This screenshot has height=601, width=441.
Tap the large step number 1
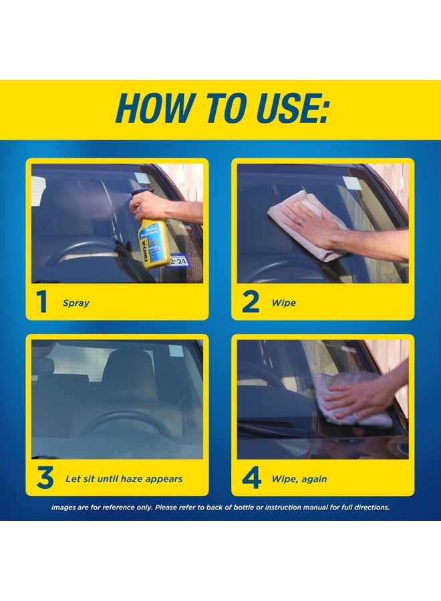point(42,303)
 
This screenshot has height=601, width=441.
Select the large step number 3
point(44,478)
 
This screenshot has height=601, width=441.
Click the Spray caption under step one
point(76,303)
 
